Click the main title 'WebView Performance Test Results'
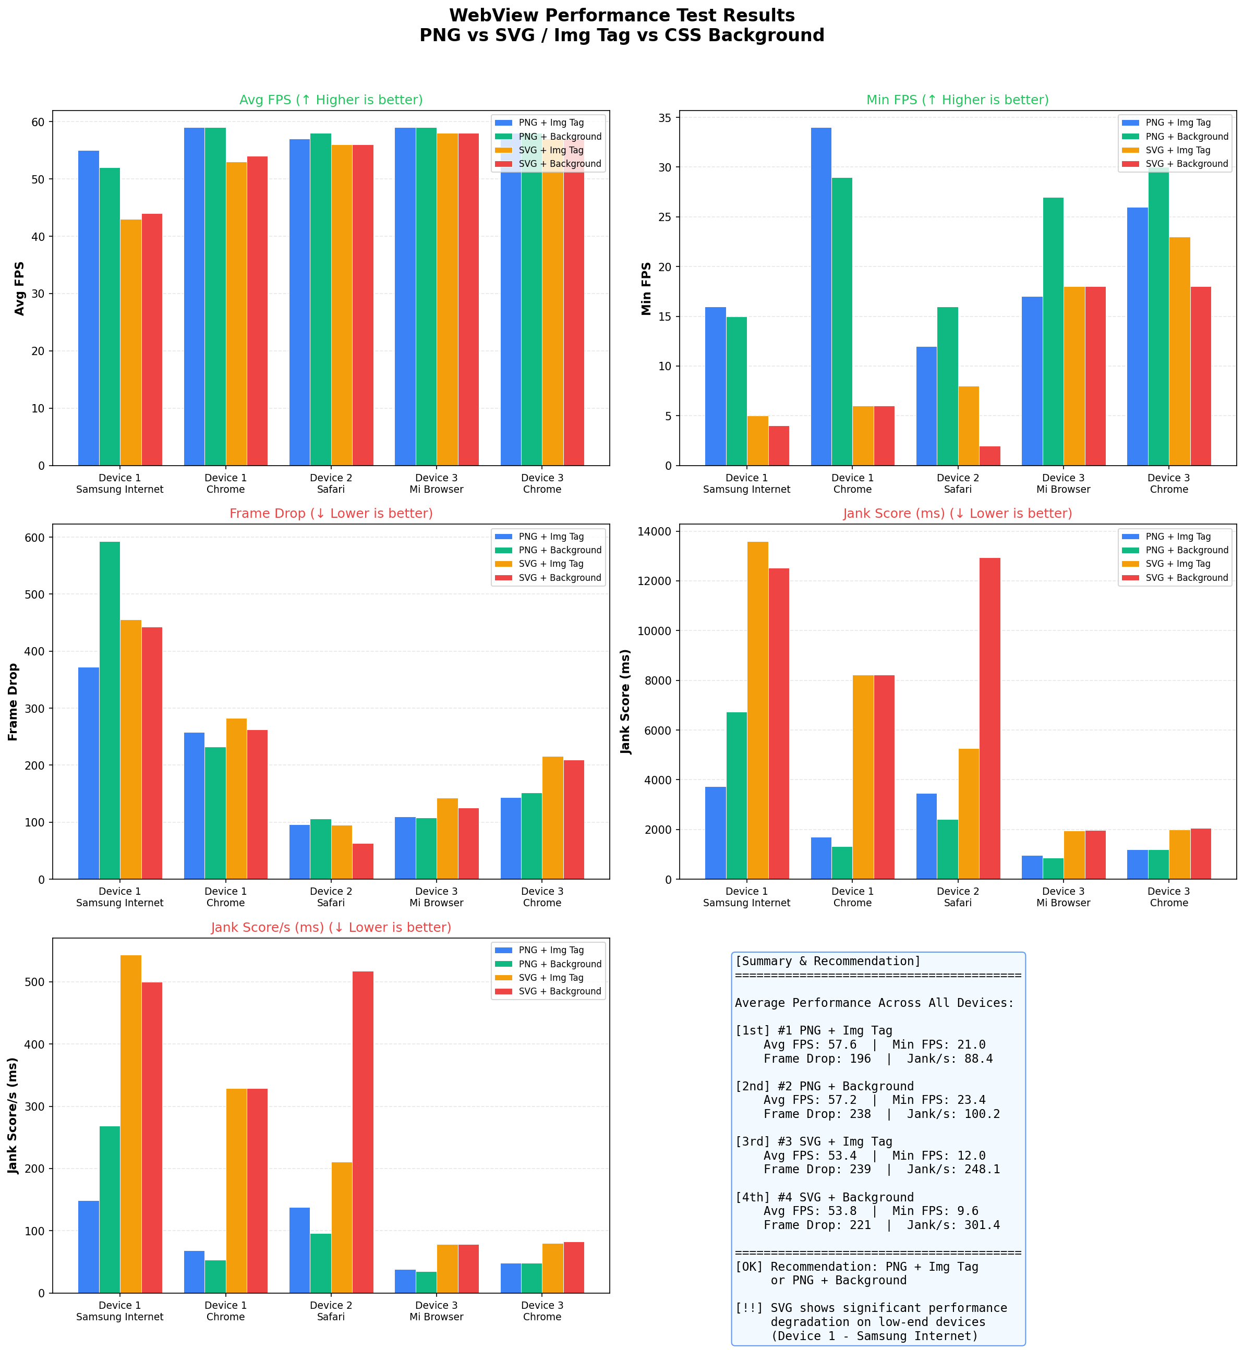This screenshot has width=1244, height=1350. coord(621,16)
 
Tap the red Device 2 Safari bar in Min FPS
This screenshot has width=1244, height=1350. coord(989,456)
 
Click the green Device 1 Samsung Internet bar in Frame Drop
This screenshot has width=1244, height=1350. coord(110,710)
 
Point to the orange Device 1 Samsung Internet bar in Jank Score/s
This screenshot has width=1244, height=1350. coord(130,1124)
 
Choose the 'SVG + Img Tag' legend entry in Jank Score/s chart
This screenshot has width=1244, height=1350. coord(551,978)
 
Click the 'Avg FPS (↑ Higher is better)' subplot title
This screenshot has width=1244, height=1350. coord(331,100)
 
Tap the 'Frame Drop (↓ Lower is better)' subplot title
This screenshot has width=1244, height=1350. coord(331,514)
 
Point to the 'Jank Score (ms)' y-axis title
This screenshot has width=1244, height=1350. coord(626,701)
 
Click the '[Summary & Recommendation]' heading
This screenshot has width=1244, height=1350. coord(827,961)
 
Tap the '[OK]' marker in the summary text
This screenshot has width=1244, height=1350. coord(749,1267)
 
